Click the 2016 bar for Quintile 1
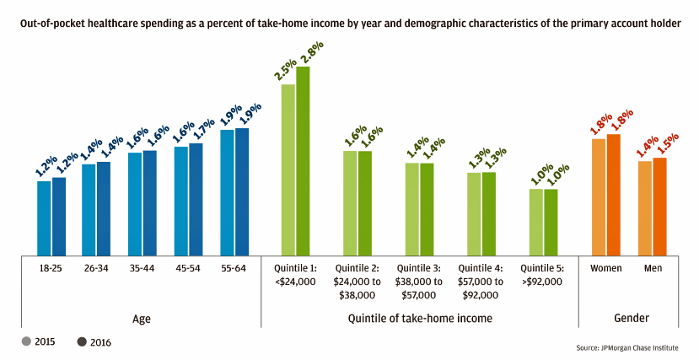tap(303, 160)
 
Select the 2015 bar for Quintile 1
tap(288, 169)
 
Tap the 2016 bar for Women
tap(614, 194)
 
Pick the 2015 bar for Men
tap(644, 207)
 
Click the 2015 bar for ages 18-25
tap(44, 218)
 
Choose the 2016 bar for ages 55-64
tap(242, 191)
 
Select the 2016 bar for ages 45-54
tap(196, 199)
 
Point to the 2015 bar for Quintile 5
tap(536, 222)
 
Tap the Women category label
tap(606, 268)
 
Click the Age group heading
tap(142, 318)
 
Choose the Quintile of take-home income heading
tap(420, 318)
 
